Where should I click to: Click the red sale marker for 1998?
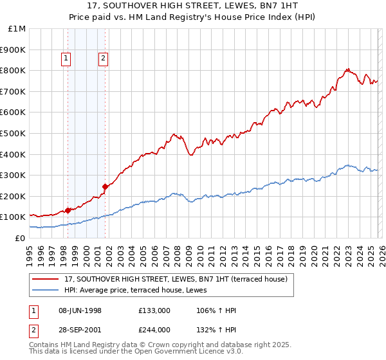point(68,210)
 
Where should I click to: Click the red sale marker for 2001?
point(104,186)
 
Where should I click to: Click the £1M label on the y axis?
point(17,29)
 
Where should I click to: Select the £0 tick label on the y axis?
point(21,238)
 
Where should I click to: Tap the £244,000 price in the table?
point(154,330)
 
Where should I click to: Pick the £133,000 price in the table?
point(154,310)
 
